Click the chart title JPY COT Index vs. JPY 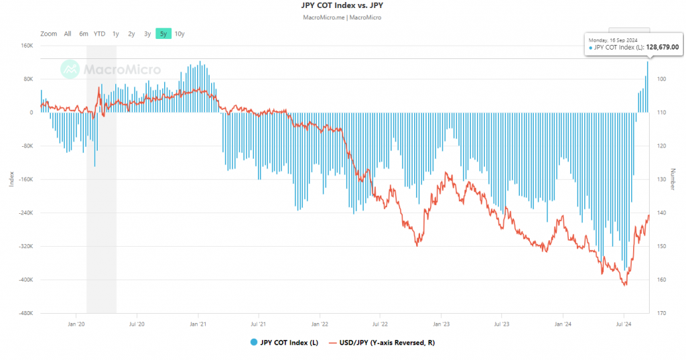[x=342, y=5]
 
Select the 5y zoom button [x=163, y=34]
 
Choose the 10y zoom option [x=180, y=34]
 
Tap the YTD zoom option [x=99, y=34]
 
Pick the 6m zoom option [x=84, y=34]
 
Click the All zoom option [x=68, y=34]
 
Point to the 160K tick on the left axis [x=28, y=46]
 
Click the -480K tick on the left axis [x=27, y=313]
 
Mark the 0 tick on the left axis [x=31, y=113]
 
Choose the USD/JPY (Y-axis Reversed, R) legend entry [x=386, y=343]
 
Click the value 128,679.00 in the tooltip [x=662, y=48]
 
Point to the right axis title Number [x=673, y=178]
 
